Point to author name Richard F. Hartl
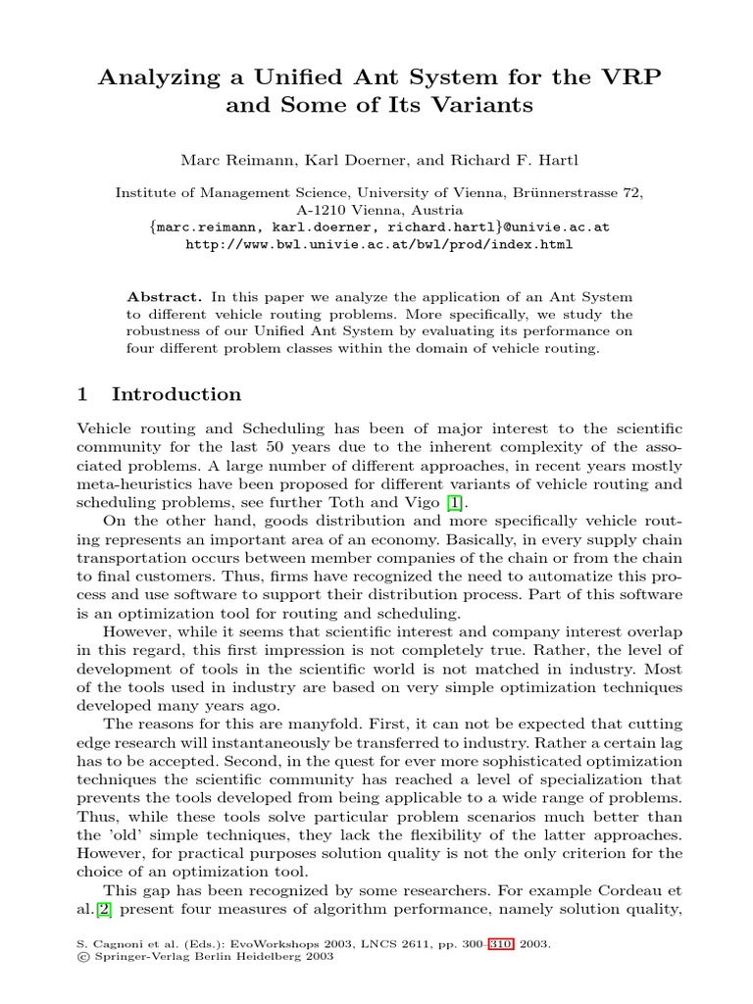[482, 159]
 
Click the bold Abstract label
[165, 296]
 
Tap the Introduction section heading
[176, 394]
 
